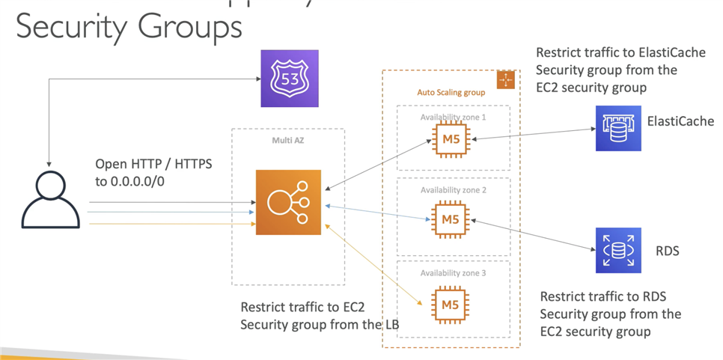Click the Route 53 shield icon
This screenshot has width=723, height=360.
(289, 79)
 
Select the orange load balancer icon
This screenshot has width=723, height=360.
(288, 202)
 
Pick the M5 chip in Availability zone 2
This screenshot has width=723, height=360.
(451, 219)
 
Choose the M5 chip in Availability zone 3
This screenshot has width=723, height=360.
(451, 305)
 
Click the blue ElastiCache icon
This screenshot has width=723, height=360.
(618, 128)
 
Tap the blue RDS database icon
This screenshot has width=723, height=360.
(618, 250)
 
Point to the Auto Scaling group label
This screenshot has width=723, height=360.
(451, 93)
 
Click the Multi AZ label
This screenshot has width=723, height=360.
(287, 140)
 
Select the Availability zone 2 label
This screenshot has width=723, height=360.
(453, 190)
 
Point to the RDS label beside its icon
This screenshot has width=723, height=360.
(666, 251)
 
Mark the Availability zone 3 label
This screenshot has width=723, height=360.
(453, 273)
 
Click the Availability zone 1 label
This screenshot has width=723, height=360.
(453, 118)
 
